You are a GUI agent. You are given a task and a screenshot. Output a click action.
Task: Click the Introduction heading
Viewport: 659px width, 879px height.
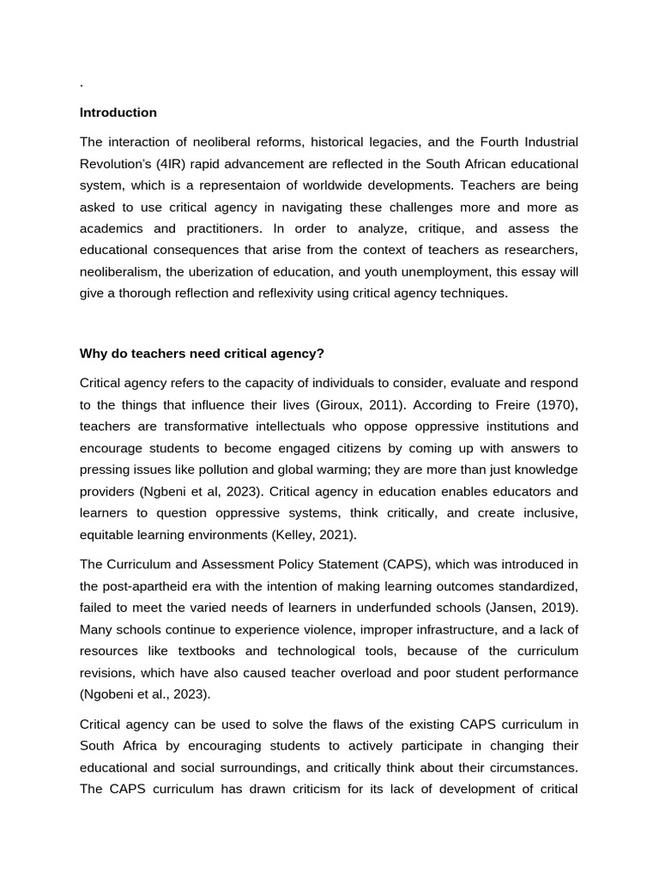tap(118, 112)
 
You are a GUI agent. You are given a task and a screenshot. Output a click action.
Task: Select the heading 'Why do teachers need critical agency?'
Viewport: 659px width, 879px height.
tap(202, 354)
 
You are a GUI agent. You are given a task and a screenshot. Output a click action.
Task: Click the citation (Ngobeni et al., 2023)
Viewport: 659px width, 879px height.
tap(144, 694)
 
